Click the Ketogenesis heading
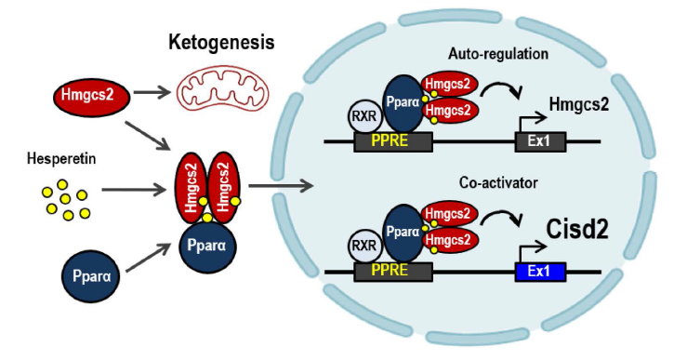pos(221,43)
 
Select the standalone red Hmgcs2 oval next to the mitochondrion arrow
pos(92,96)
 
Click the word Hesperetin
pos(61,159)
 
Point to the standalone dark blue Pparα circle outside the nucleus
pos(92,276)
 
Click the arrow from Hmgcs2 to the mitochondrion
pos(152,92)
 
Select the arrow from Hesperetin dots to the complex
pos(134,190)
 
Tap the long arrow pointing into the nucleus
pos(281,185)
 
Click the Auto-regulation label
pos(497,54)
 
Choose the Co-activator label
pos(498,182)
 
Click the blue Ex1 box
pos(540,272)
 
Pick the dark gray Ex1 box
pos(540,142)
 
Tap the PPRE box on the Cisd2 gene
pos(393,272)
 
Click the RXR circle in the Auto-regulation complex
pos(364,117)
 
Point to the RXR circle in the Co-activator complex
pos(364,246)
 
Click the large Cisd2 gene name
pos(577,229)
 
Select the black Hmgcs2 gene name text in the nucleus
pos(579,105)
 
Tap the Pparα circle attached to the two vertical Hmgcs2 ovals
pos(206,246)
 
